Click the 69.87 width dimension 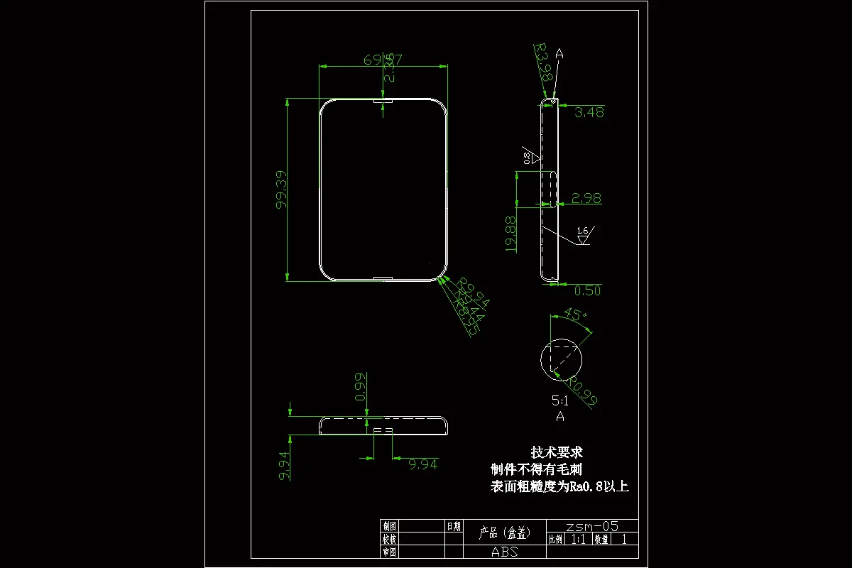[383, 60]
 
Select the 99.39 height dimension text [283, 190]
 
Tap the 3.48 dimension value [589, 111]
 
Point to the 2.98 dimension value [586, 198]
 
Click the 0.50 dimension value [587, 290]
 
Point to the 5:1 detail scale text [560, 400]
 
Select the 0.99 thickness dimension [361, 387]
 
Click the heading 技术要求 [557, 452]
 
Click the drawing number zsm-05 [591, 526]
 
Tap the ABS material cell [505, 552]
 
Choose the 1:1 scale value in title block [579, 539]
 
